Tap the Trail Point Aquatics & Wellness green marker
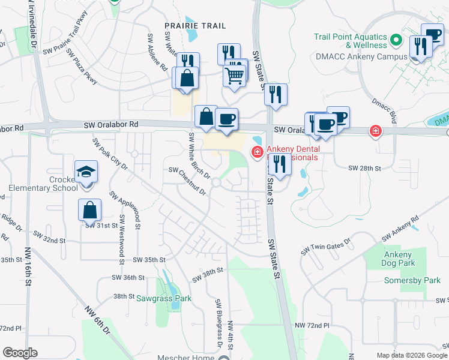click(396, 41)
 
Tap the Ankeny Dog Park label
click(399, 259)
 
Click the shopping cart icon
click(234, 75)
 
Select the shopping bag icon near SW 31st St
click(89, 210)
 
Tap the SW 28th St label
click(365, 169)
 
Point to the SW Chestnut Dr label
click(187, 181)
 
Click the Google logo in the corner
click(20, 353)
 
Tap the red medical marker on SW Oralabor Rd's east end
click(376, 131)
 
